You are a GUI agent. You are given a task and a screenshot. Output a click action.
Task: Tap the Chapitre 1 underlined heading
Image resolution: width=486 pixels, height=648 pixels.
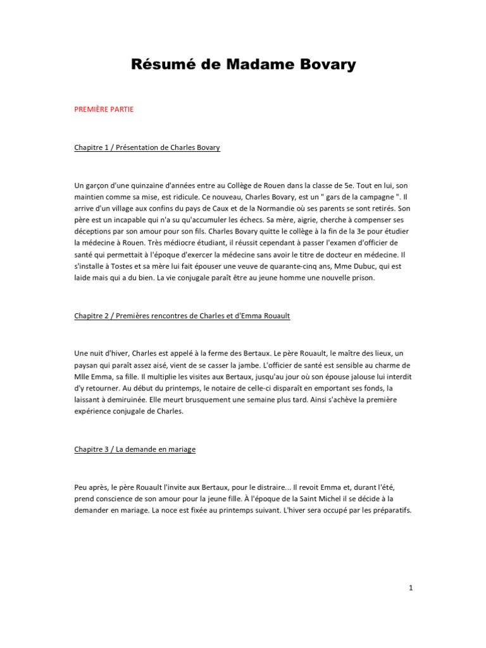[x=147, y=147]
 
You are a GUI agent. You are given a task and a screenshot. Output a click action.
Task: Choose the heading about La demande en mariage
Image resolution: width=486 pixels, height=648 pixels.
[x=135, y=449]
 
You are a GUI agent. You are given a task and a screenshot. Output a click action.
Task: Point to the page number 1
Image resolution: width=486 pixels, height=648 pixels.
[x=411, y=588]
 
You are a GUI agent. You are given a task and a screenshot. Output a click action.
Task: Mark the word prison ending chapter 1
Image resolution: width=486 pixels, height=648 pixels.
[x=363, y=277]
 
